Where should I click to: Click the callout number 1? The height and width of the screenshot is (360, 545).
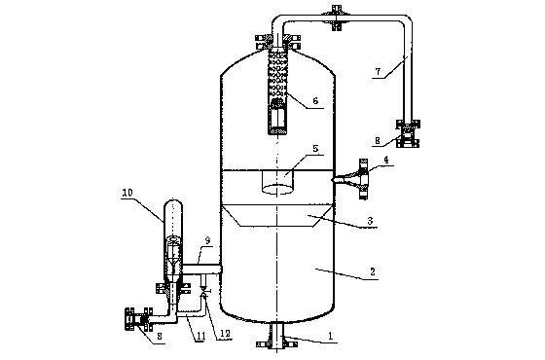point(331,336)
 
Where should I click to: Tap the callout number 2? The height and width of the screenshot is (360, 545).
point(372,271)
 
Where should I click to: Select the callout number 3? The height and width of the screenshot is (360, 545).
point(370,221)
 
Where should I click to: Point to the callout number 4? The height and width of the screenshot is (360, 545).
point(386,160)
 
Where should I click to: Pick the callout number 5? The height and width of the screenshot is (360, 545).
point(315,149)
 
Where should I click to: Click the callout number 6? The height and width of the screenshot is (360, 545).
point(315,101)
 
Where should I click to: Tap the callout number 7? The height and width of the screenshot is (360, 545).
point(378,72)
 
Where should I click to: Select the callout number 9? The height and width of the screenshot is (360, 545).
point(207,240)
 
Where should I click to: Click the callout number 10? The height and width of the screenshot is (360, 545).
point(127,193)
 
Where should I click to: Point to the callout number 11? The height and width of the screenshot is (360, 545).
point(200,336)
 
